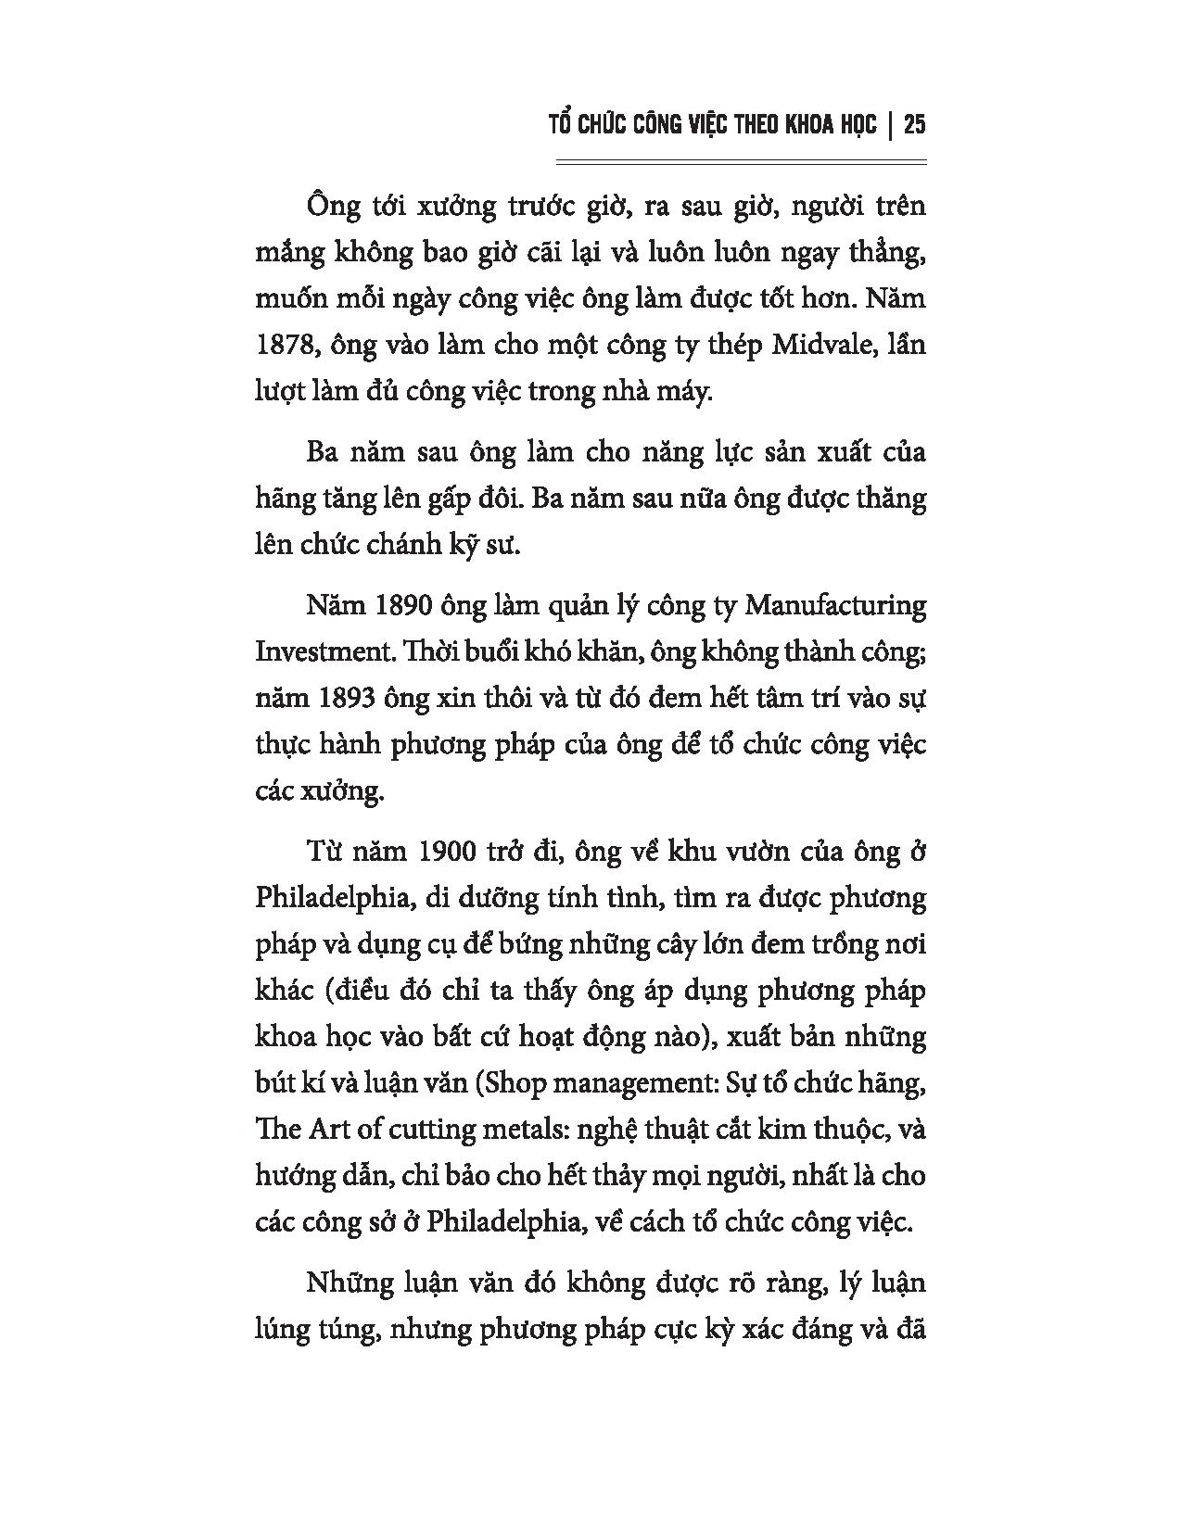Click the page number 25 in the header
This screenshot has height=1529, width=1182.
pyautogui.click(x=915, y=124)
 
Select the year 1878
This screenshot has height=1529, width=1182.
pyautogui.click(x=282, y=346)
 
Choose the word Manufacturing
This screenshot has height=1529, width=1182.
pyautogui.click(x=835, y=606)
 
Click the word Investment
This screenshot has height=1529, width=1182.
pyautogui.click(x=319, y=651)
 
